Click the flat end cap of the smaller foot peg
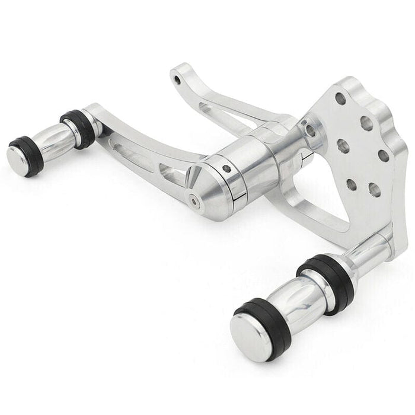18,158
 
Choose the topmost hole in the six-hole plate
341,98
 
